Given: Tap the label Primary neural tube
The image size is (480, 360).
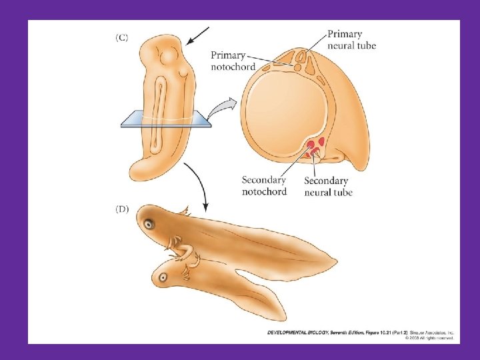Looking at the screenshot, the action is [351, 39].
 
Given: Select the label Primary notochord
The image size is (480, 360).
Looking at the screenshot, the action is [233, 61].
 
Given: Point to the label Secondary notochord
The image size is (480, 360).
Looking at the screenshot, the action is [264, 185].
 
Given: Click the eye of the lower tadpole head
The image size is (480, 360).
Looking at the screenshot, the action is [163, 275].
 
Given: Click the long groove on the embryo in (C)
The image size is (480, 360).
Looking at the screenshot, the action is [157, 120].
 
